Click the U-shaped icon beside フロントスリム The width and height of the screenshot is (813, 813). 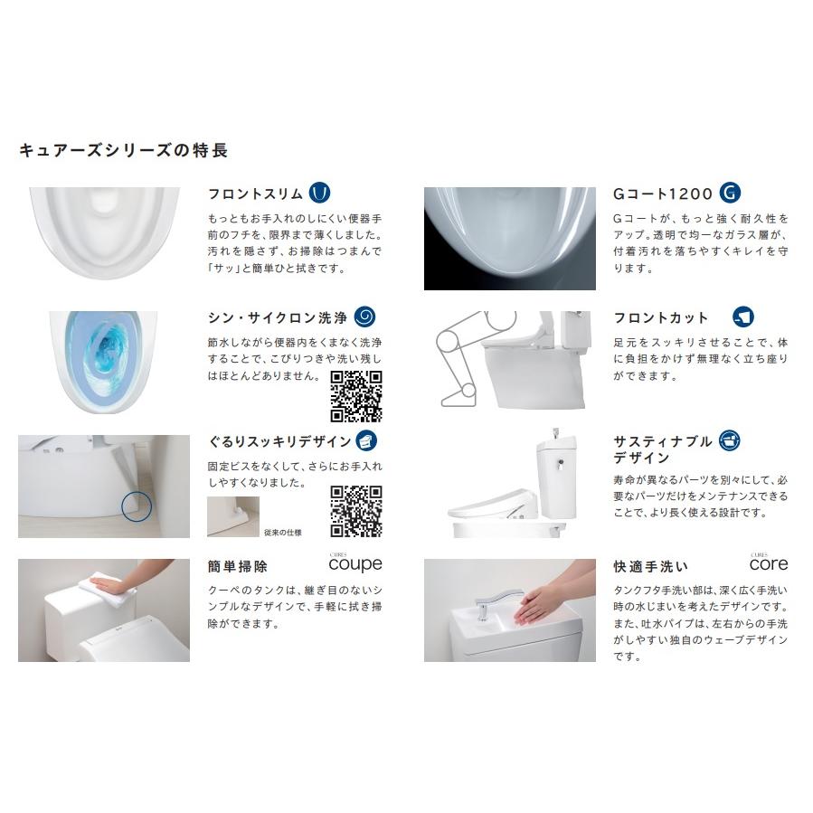click(320, 193)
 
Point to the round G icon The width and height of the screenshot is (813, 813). click(731, 193)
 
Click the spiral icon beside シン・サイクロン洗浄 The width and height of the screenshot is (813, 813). click(364, 317)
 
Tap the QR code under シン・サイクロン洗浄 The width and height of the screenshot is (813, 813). click(355, 396)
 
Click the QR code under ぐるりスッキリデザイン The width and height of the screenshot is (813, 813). click(355, 512)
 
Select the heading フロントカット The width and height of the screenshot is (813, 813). click(660, 318)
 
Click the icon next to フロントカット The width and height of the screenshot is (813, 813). click(743, 317)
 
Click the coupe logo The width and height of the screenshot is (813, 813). click(355, 562)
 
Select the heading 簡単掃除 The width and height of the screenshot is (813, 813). click(238, 567)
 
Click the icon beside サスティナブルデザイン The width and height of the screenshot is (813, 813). click(728, 440)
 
